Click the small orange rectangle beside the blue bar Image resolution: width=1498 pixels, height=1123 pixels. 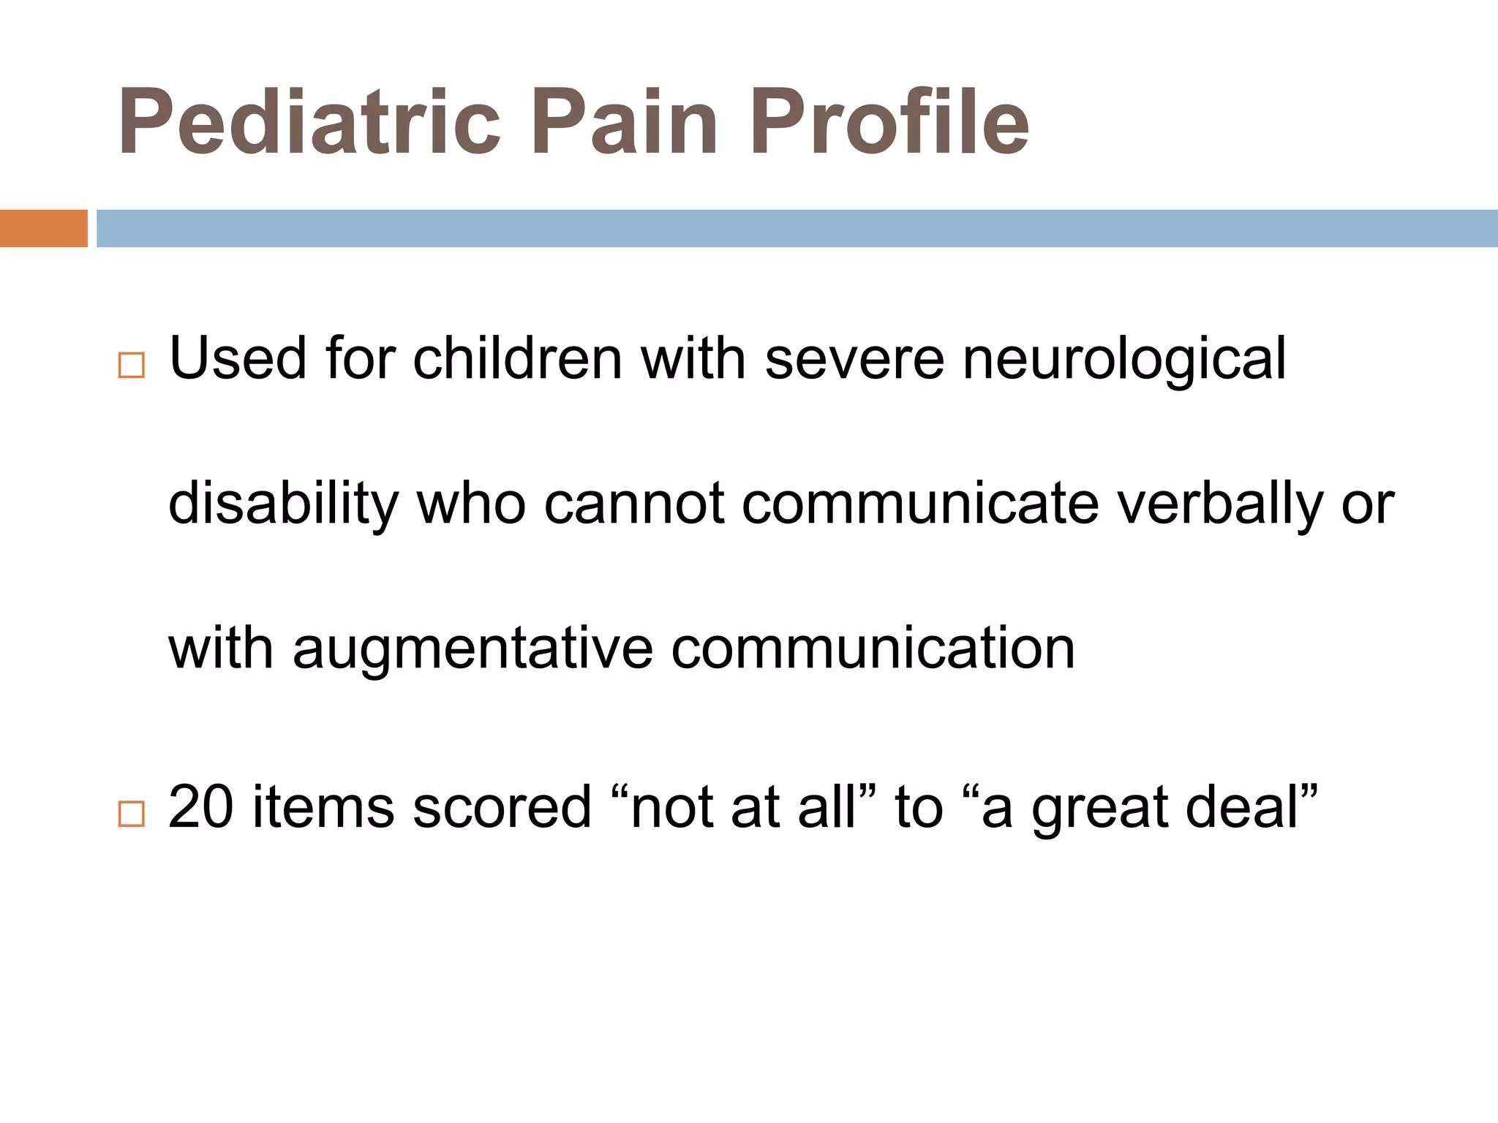tap(43, 228)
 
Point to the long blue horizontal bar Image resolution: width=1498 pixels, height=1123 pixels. tap(797, 228)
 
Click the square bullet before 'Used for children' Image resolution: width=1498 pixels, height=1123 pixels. tap(132, 365)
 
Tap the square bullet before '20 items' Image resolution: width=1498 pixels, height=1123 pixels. tap(132, 813)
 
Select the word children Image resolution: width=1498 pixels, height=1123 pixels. tap(517, 358)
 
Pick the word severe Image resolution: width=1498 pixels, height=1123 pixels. tap(854, 358)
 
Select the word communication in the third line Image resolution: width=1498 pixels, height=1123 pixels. tap(873, 648)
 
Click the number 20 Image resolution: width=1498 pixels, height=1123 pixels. tap(200, 806)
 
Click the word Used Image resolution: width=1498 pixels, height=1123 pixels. tap(238, 358)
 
